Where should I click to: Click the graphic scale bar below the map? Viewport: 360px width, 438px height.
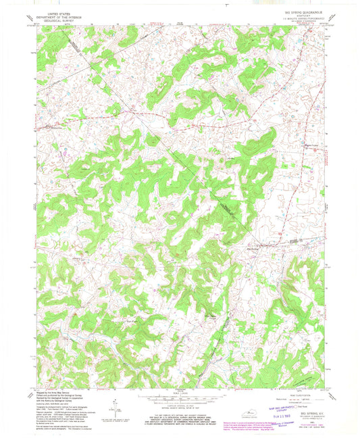178,397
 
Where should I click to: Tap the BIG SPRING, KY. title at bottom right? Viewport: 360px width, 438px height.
307,404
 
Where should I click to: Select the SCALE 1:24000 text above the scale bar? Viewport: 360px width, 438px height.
178,393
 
